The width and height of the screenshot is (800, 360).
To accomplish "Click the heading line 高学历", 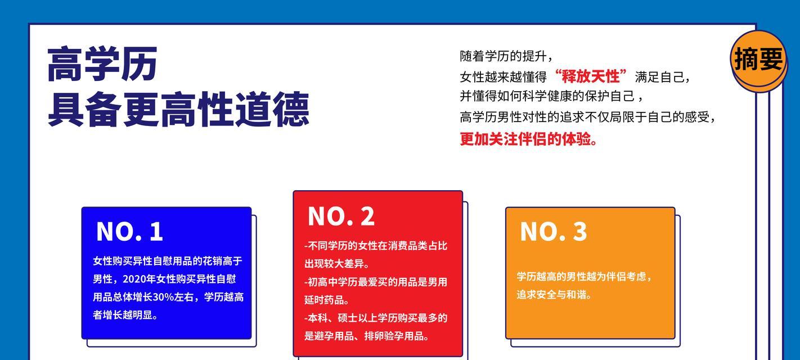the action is tap(102, 64).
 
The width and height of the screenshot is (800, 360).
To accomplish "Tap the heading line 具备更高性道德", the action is tap(178, 109).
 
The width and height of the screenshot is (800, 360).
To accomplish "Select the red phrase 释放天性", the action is tap(590, 76).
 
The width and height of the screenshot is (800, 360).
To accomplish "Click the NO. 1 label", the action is tap(129, 232).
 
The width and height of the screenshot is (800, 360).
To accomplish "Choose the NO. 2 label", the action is tap(341, 217).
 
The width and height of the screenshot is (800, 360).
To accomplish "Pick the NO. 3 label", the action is tap(553, 232).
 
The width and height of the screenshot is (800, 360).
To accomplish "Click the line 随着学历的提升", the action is tap(504, 56).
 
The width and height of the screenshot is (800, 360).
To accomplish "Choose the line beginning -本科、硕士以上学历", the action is tap(376, 318).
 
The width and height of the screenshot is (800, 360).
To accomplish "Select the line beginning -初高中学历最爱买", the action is tap(376, 282).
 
